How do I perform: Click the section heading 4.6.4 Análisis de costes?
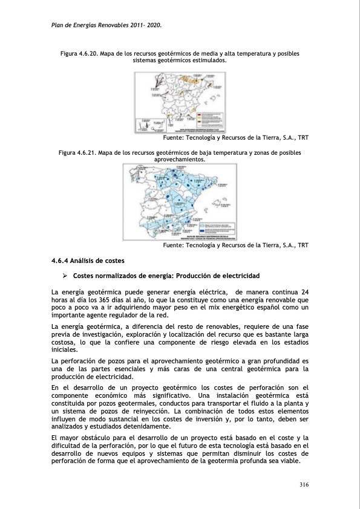tap(88, 261)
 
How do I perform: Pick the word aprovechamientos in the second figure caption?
tap(180, 160)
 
